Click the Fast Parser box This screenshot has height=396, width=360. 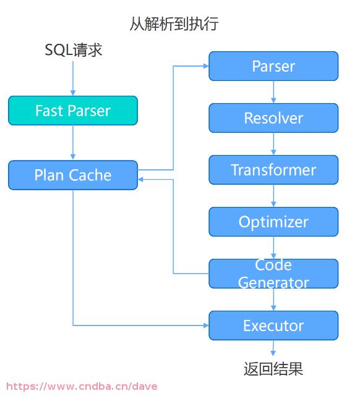pos(73,111)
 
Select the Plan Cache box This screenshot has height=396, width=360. pos(73,175)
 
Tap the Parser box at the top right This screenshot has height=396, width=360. pos(273,66)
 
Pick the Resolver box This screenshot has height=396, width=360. pos(273,118)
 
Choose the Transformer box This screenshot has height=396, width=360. pos(273,170)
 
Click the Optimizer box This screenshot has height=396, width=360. pos(273,222)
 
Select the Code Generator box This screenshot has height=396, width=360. pos(273,274)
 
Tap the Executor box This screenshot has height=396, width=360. pos(273,326)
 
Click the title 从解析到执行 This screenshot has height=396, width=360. pos(174,24)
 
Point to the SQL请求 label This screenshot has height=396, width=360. pos(74,50)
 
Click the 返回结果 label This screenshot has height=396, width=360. pos(273,369)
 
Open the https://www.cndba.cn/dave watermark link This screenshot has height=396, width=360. pos(82,387)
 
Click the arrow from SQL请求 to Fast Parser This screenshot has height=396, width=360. pos(73,78)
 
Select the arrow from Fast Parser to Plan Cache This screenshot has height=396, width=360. pos(73,143)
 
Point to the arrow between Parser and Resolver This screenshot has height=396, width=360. pos(273,92)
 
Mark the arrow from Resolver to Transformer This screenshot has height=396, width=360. pos(273,144)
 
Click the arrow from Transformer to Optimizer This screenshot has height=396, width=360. pos(273,196)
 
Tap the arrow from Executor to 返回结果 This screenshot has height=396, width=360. pos(273,348)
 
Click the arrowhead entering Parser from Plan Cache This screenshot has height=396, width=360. pos(206,66)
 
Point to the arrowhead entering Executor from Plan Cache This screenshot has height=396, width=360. pos(206,326)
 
